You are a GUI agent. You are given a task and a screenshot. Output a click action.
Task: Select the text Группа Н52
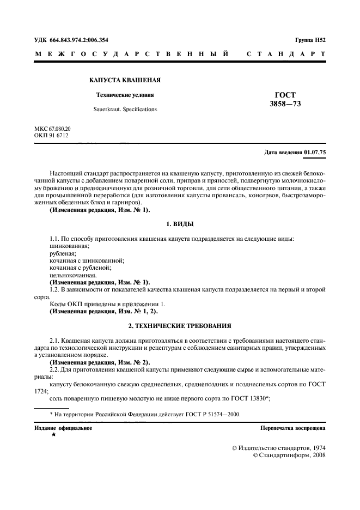point(310,40)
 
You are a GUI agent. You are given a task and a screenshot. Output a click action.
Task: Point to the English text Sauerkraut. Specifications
point(125,109)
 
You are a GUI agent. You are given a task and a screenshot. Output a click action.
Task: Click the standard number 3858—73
point(285,103)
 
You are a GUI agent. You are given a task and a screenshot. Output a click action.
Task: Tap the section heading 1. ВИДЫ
point(179,224)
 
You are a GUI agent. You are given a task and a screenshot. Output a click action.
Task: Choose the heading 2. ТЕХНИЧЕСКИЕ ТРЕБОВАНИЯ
point(179,325)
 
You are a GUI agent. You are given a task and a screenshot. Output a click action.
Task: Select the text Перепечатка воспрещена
point(293,428)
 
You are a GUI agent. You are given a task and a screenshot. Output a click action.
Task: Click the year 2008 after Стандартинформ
point(316,455)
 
